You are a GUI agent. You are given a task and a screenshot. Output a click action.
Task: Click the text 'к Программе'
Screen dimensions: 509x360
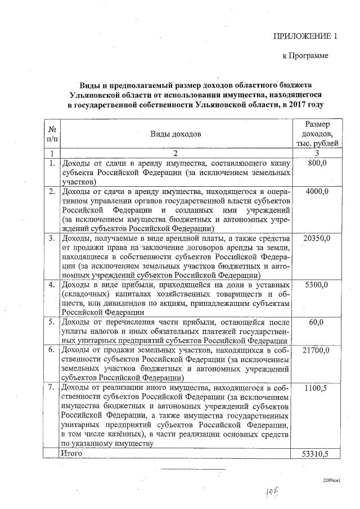pyautogui.click(x=305, y=56)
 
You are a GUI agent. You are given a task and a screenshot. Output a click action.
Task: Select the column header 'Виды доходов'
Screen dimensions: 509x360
pyautogui.click(x=175, y=134)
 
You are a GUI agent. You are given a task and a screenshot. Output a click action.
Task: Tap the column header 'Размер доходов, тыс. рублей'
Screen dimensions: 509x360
pyautogui.click(x=317, y=134)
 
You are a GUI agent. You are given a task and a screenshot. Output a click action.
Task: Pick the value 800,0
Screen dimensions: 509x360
pyautogui.click(x=318, y=163)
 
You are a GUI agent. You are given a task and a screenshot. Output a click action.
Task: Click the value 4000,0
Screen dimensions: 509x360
pyautogui.click(x=317, y=192)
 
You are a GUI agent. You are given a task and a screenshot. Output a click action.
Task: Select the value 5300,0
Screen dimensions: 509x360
pyautogui.click(x=317, y=285)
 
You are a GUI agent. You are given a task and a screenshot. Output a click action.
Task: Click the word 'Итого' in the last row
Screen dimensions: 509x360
pyautogui.click(x=72, y=453)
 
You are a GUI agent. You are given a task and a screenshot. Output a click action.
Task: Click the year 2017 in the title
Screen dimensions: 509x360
pyautogui.click(x=297, y=105)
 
